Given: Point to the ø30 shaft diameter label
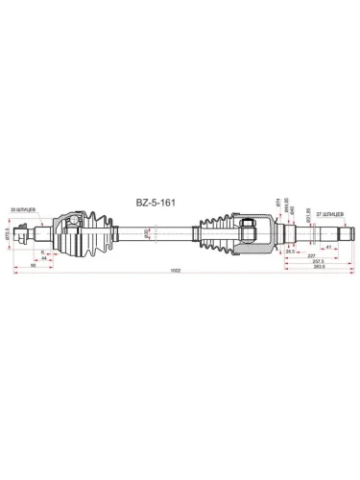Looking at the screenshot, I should (x=146, y=233).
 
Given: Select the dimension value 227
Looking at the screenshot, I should (x=313, y=254).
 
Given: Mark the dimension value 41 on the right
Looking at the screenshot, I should (x=328, y=248).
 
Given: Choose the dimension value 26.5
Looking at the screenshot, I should (x=290, y=248).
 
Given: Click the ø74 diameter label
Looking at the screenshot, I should (x=279, y=205).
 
